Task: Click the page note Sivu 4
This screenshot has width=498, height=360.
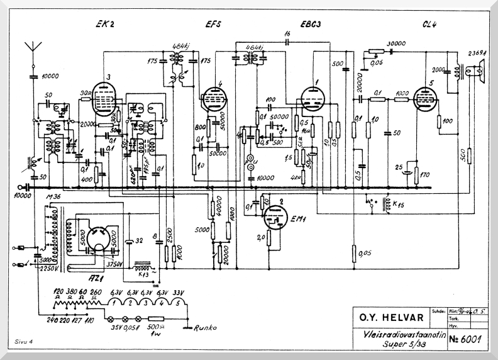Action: (25, 340)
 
